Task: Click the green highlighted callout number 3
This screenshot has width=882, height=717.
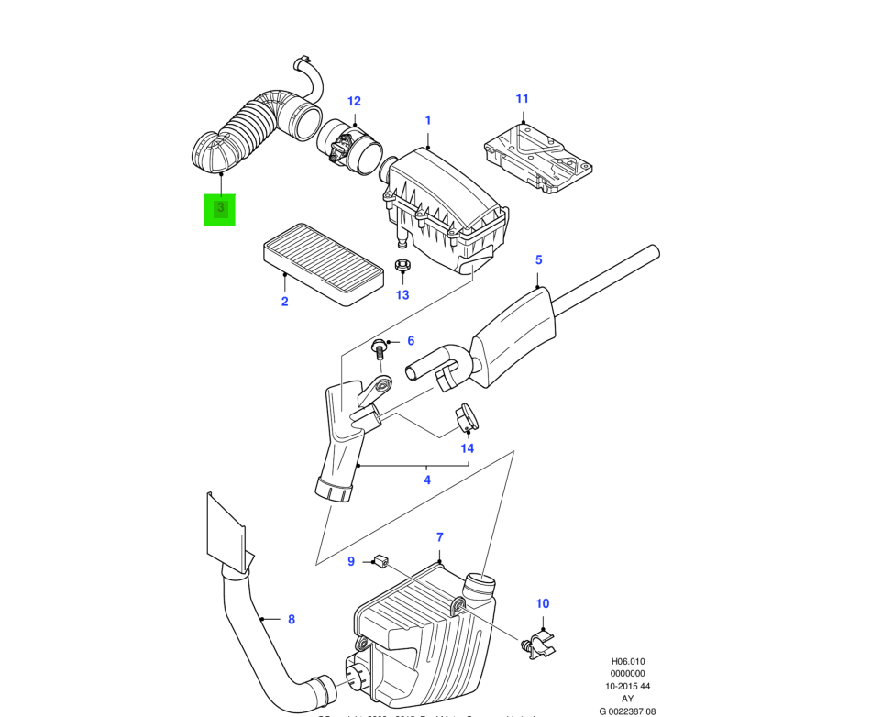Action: [219, 208]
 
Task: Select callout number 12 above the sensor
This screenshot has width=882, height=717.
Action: [354, 102]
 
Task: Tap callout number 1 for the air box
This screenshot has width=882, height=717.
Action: [427, 120]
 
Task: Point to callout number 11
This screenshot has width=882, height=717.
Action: [523, 98]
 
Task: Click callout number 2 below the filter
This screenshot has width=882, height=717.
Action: [284, 302]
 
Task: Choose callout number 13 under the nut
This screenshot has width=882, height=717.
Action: [402, 295]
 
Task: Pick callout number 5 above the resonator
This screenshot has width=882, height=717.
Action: [539, 260]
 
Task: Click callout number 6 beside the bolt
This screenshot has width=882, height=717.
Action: [411, 341]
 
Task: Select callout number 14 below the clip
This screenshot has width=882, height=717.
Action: [468, 448]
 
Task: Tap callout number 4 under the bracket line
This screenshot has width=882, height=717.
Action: [426, 480]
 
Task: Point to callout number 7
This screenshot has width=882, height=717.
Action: [439, 537]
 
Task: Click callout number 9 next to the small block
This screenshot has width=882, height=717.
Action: [350, 561]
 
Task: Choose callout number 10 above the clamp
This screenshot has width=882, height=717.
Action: [543, 603]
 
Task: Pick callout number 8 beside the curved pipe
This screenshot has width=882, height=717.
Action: [292, 620]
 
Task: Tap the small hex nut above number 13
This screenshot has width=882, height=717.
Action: [401, 267]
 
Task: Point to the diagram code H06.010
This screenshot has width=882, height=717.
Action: [629, 661]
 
